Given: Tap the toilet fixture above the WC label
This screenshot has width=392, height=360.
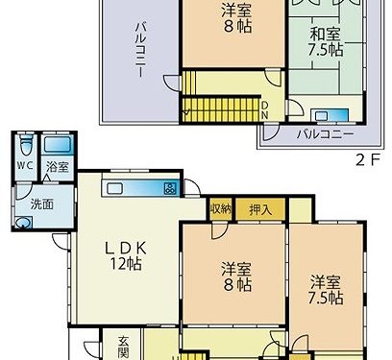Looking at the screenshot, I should (x=25, y=147).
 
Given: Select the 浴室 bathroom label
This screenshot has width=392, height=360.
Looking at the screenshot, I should (x=57, y=166).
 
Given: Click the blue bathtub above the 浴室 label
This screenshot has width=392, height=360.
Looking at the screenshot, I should (x=57, y=146).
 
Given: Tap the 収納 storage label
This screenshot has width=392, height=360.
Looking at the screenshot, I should (x=220, y=208).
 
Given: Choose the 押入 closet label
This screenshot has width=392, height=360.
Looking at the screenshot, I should (x=260, y=208).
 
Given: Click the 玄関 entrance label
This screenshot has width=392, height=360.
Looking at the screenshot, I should (x=125, y=345).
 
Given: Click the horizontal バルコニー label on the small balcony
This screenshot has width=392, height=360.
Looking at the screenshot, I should (x=318, y=133).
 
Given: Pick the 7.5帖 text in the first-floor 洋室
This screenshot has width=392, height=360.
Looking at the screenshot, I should (x=327, y=299).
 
